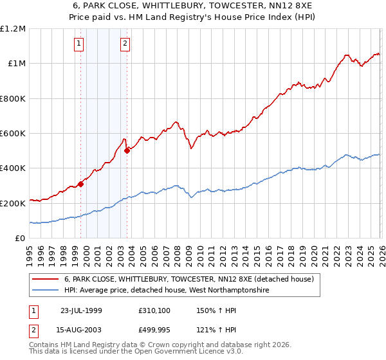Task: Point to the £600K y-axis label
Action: [x=13, y=134]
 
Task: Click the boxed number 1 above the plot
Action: [x=78, y=44]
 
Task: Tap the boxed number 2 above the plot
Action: [x=125, y=44]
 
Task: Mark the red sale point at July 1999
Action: [x=81, y=184]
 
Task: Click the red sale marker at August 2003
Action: [x=127, y=151]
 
